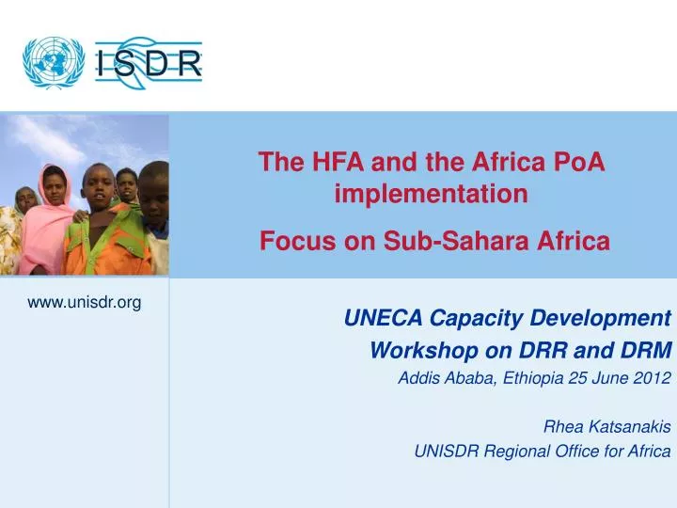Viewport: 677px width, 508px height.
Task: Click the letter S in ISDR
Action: [x=133, y=64]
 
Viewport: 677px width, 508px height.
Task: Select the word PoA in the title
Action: [x=581, y=162]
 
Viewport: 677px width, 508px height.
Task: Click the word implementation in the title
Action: [x=432, y=195]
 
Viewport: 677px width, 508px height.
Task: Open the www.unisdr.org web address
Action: [x=85, y=301]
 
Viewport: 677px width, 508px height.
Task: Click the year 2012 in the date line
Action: [x=651, y=379]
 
